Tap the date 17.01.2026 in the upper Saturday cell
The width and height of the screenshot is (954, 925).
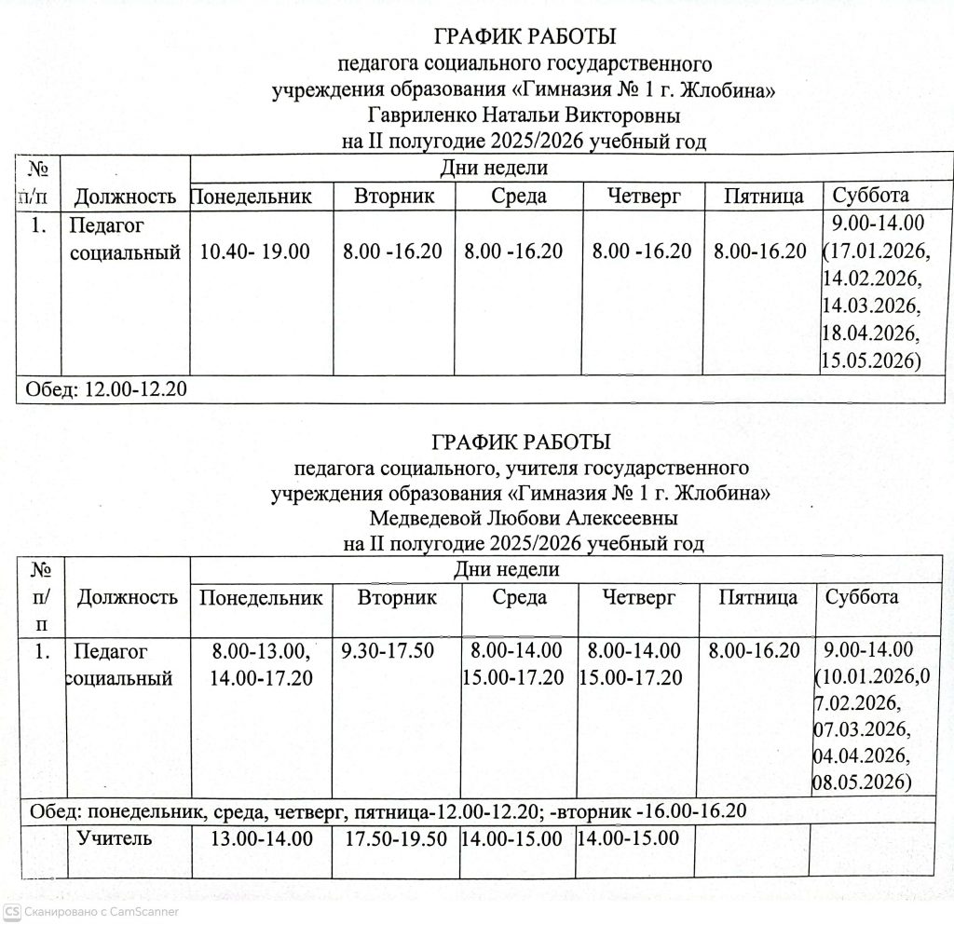pos(876,252)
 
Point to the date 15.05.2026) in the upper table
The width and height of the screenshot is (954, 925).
pos(870,360)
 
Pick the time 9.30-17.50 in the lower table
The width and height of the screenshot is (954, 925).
pos(388,650)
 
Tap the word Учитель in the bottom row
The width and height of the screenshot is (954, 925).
pos(115,838)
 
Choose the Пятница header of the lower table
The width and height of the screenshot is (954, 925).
pos(757,597)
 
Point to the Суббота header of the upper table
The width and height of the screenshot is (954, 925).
pos(870,196)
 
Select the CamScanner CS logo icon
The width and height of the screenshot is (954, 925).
pos(11,911)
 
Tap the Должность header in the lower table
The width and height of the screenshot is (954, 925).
pos(127,597)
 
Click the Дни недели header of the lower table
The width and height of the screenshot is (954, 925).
pos(508,569)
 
